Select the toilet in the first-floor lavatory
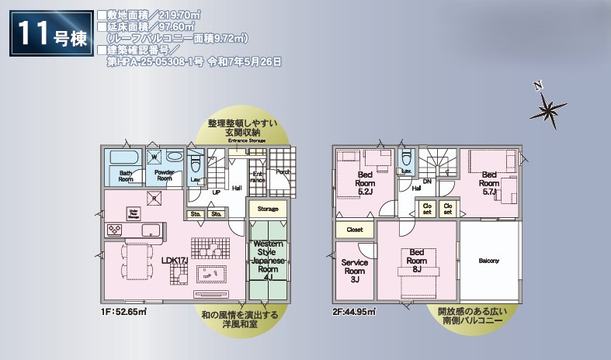click(x=195, y=164)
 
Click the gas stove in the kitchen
click(x=114, y=229)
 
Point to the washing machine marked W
click(x=154, y=156)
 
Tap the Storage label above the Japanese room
click(x=268, y=209)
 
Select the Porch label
click(x=283, y=173)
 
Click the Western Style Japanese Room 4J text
click(x=267, y=259)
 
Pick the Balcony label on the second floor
click(x=488, y=260)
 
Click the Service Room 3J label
click(x=355, y=271)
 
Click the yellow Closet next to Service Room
click(x=355, y=230)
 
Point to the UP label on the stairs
click(x=216, y=192)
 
